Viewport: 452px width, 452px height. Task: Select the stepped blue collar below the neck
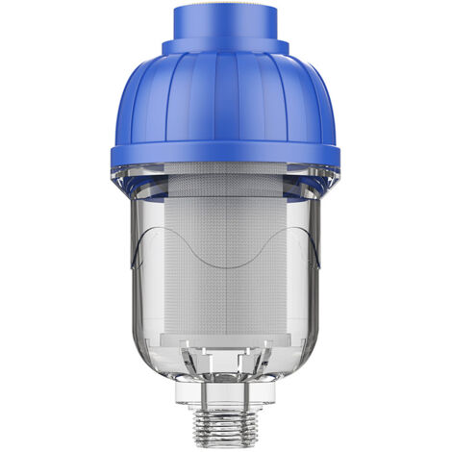pyautogui.click(x=225, y=46)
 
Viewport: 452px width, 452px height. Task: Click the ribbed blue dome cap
pyautogui.click(x=225, y=96)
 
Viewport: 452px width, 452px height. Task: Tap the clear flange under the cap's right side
pyautogui.click(x=321, y=179)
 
